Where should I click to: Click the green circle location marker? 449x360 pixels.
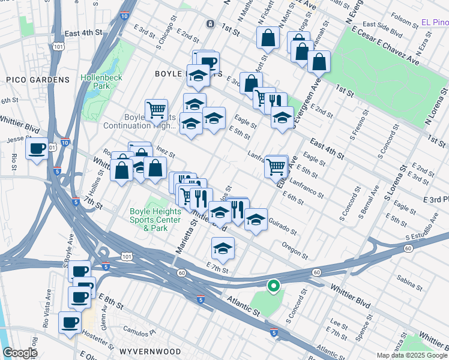pos(273,286)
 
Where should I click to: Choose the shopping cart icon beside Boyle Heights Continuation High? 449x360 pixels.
pos(156,109)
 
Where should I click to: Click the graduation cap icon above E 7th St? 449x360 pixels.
pos(223,248)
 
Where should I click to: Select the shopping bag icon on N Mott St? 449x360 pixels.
pos(268,37)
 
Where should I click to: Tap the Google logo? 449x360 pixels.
pos(20,353)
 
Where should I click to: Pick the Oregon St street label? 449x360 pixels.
pos(295,248)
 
